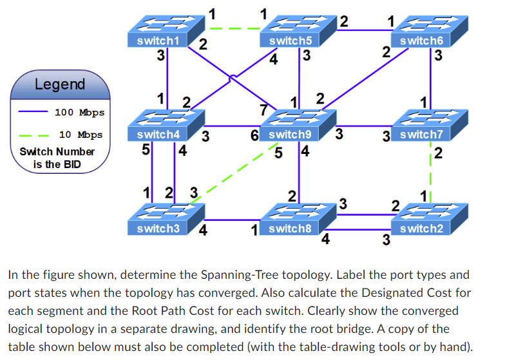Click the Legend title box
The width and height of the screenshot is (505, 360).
[59, 84]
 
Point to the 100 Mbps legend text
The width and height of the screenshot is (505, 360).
[79, 113]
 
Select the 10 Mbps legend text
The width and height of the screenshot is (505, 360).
[81, 135]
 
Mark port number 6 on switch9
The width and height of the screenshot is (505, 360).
[255, 135]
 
